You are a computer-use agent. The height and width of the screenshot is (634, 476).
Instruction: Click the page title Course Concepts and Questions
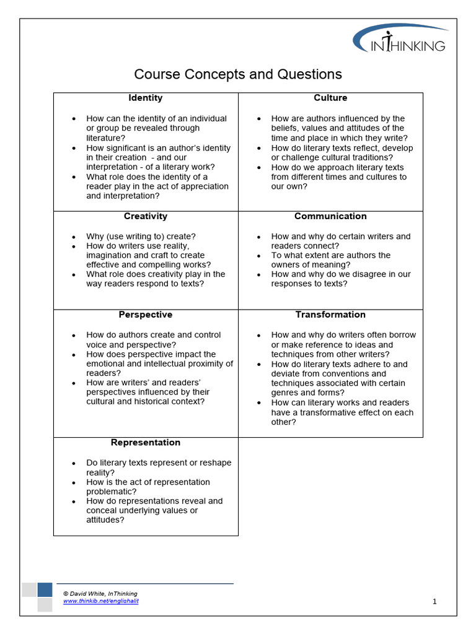click(238, 74)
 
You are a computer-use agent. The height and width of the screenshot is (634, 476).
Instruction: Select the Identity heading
click(146, 98)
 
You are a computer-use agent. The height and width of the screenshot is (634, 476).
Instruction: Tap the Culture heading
click(330, 98)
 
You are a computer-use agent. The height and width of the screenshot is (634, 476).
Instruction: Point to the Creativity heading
click(146, 216)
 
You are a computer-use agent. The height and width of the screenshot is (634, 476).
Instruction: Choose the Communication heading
click(330, 216)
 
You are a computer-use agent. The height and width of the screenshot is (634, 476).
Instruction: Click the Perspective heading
click(146, 315)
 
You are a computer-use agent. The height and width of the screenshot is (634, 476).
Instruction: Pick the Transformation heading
click(330, 315)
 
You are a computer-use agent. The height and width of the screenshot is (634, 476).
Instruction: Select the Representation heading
click(146, 443)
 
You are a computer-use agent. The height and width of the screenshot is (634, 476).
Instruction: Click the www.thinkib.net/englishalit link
click(100, 601)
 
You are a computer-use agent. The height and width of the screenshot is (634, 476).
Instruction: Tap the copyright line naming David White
click(100, 594)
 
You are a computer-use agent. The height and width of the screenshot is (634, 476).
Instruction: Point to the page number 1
click(434, 601)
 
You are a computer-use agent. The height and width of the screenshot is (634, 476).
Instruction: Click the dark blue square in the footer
click(45, 589)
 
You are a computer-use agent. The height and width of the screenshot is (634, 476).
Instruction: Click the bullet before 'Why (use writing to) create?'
click(74, 237)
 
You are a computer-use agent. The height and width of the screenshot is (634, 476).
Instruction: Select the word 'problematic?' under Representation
click(111, 492)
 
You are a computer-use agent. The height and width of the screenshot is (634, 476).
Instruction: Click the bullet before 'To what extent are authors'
click(260, 256)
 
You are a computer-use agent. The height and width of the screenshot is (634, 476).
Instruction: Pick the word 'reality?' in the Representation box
click(100, 472)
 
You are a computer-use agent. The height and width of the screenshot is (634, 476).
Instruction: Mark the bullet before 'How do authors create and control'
click(74, 336)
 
